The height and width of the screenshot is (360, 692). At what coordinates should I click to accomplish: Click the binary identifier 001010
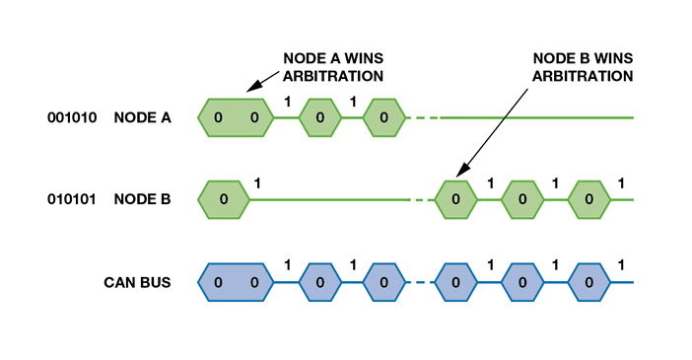73,118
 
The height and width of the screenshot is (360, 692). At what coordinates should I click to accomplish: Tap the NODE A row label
142,118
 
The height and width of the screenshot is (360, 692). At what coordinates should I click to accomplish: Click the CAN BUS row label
138,282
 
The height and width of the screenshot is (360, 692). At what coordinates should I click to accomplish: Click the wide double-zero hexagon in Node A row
235,118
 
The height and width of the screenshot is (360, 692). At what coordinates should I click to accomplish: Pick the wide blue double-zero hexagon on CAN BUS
235,282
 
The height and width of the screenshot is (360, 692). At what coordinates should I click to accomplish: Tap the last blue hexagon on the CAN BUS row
588,282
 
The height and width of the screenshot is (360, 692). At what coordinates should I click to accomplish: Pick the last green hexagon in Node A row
383,118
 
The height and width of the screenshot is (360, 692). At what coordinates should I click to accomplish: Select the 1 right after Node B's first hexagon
258,182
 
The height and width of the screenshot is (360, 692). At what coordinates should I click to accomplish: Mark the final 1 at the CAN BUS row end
621,264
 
